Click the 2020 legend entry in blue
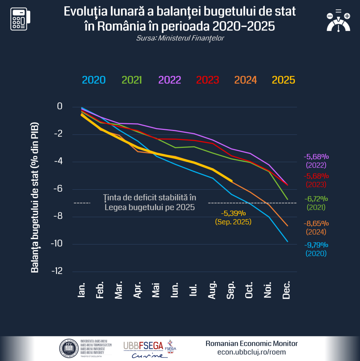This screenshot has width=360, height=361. (x=94, y=80)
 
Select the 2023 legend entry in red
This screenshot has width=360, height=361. (x=207, y=80)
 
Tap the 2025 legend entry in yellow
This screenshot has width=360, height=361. (x=283, y=80)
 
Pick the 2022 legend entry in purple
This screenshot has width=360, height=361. (x=170, y=80)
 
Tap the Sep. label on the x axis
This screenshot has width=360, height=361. (x=231, y=290)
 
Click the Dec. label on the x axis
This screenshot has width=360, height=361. (x=287, y=290)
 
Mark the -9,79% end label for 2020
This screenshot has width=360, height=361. (x=316, y=245)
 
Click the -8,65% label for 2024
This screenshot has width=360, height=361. (x=316, y=223)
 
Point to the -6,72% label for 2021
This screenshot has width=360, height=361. (x=316, y=199)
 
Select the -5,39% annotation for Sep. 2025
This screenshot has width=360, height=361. (x=233, y=213)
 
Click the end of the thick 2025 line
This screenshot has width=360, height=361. (x=231, y=181)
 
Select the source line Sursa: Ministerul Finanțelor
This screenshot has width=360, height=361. (x=180, y=38)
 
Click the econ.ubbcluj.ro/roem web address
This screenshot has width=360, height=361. (x=251, y=352)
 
